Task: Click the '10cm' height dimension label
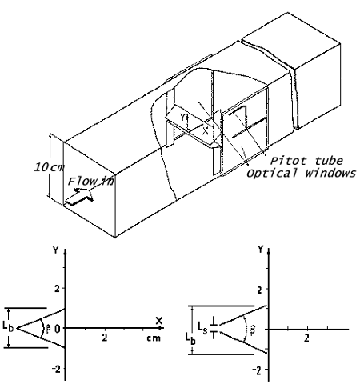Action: coord(50,167)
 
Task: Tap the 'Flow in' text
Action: coord(91,182)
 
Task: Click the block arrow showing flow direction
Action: coord(79,197)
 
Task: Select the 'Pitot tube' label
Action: coord(306,161)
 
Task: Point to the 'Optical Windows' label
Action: coord(301,174)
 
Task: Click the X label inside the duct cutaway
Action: coord(205,131)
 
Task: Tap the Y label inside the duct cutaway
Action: coord(182,117)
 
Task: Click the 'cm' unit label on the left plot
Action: coord(154,338)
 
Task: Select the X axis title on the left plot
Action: coord(159,321)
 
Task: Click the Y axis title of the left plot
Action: coord(55,250)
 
